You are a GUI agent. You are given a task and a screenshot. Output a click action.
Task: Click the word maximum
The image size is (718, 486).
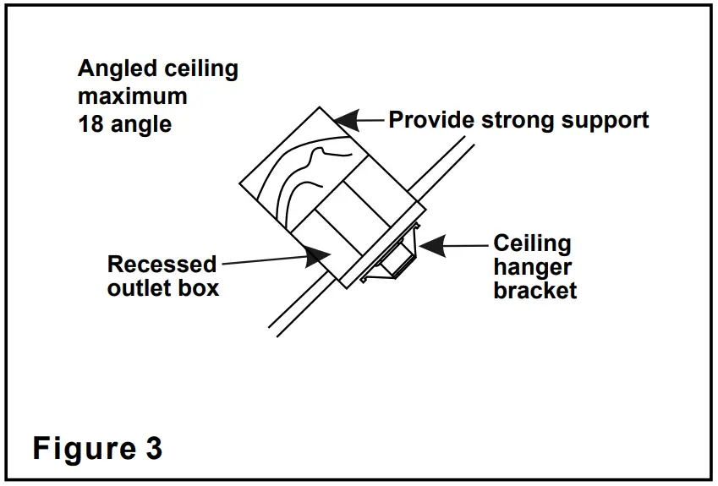pyautogui.click(x=131, y=96)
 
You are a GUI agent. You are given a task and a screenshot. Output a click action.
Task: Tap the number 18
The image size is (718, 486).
pyautogui.click(x=90, y=123)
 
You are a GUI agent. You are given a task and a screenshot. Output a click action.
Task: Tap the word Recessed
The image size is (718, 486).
pyautogui.click(x=162, y=265)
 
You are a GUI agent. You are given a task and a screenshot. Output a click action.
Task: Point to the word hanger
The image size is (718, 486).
pyautogui.click(x=532, y=268)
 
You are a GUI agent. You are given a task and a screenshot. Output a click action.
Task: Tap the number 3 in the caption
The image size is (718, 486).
pyautogui.click(x=152, y=449)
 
